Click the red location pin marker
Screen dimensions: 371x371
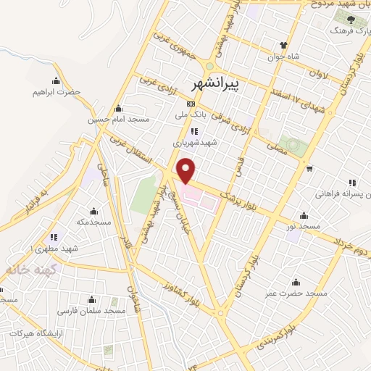[x=187, y=170]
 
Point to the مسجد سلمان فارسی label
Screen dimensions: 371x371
[x=93, y=310]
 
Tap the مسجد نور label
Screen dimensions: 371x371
[x=303, y=227]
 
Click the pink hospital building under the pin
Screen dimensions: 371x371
[x=200, y=196]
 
